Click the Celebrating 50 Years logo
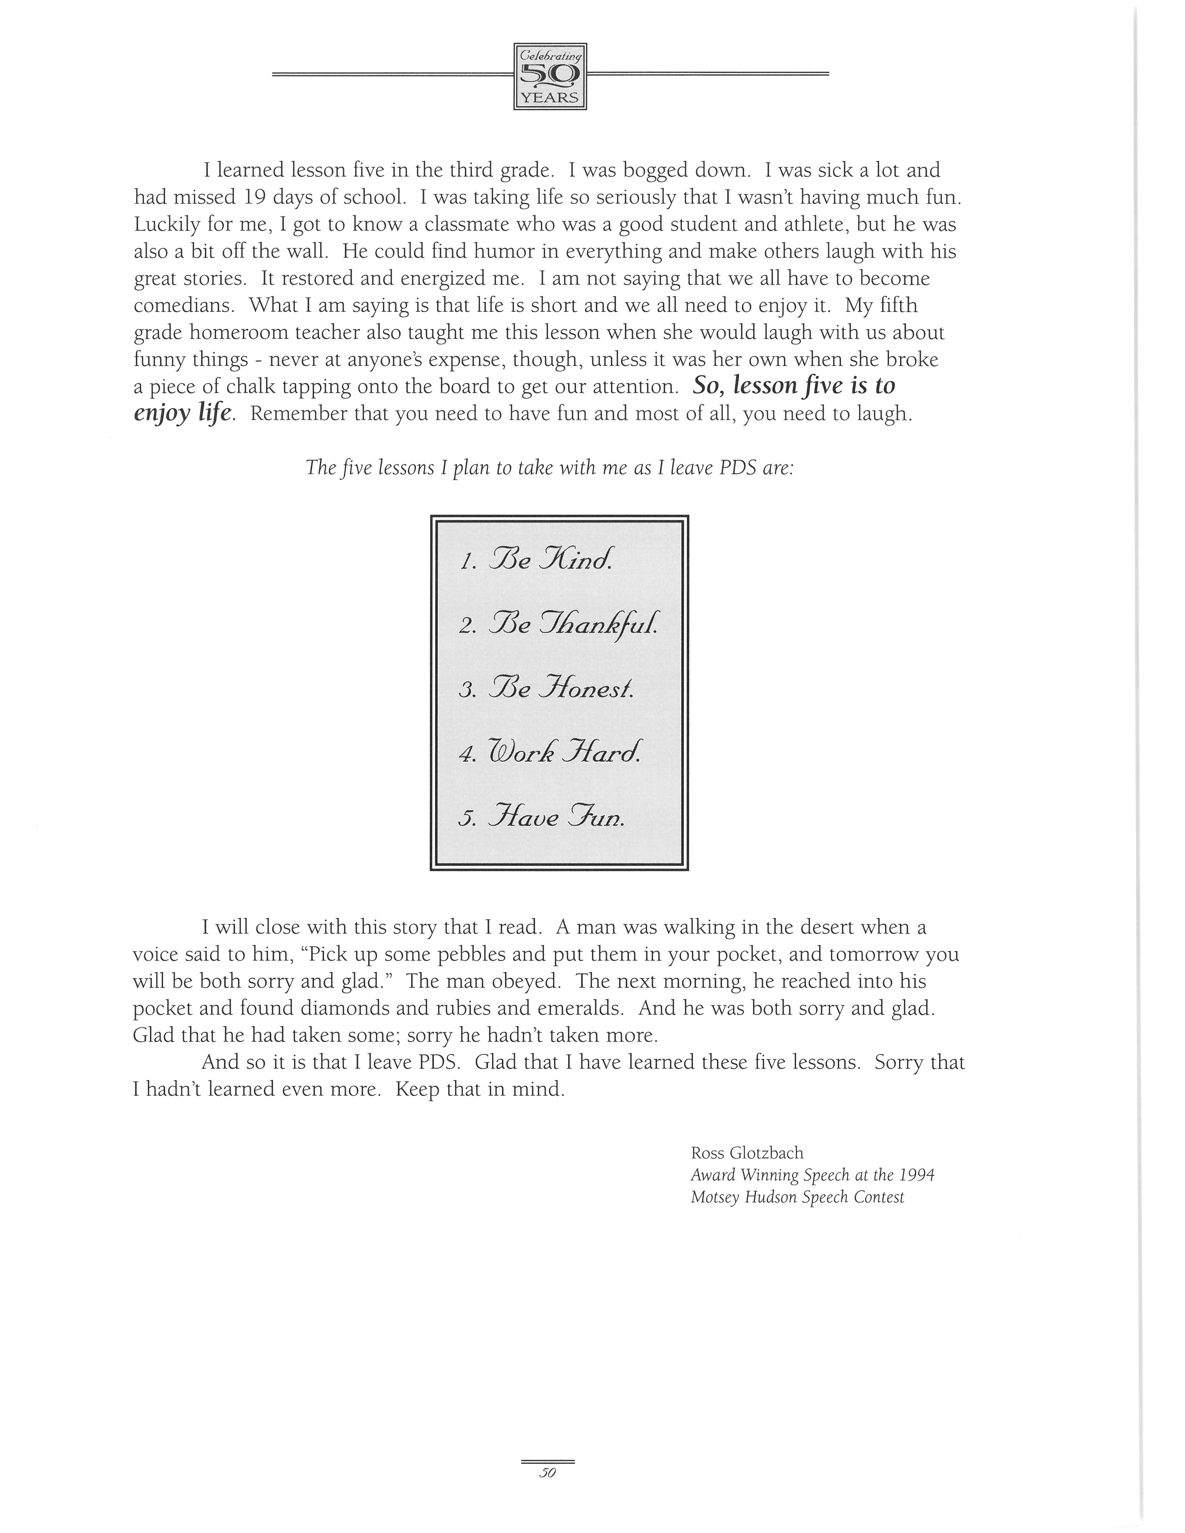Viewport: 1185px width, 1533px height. tap(550, 76)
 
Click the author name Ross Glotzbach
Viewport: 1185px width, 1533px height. tap(747, 1153)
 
